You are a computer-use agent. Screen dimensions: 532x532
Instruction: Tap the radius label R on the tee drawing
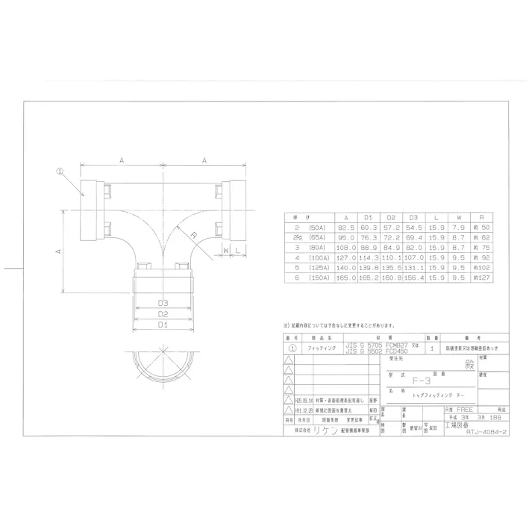point(193,235)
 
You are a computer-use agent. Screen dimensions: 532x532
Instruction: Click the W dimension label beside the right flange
point(223,251)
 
